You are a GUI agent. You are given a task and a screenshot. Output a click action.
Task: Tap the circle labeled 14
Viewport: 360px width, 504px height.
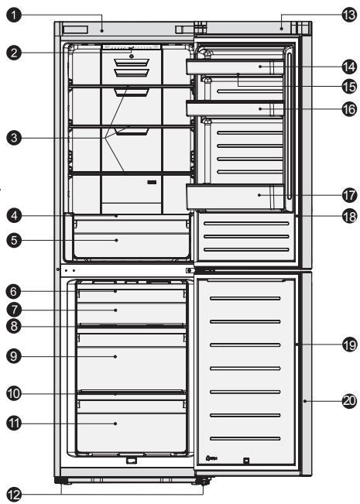tap(348, 67)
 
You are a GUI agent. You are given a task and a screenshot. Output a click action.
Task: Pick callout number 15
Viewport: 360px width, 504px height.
tap(348, 86)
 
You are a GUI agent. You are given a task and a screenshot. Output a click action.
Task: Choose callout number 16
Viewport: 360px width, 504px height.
tap(348, 109)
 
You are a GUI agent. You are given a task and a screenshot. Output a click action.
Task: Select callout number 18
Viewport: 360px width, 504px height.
tap(348, 216)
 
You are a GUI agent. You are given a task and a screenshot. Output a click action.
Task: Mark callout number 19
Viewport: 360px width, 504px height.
tap(348, 345)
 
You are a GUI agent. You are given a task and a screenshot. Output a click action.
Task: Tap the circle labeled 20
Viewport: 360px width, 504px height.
tap(348, 401)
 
